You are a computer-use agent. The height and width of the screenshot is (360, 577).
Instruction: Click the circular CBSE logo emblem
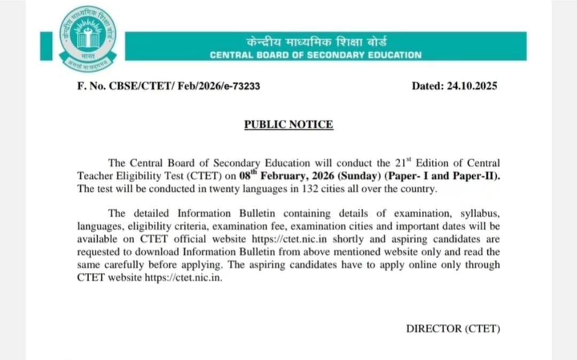88,39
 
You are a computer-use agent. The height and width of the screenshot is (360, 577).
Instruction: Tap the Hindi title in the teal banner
316,42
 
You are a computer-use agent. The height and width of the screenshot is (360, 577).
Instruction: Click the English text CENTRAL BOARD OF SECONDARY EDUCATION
315,55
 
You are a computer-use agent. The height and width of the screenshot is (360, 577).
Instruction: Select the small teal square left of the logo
46,46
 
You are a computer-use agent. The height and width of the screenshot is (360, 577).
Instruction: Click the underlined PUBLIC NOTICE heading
288,124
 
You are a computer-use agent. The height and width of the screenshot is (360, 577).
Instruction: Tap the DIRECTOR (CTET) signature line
453,328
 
